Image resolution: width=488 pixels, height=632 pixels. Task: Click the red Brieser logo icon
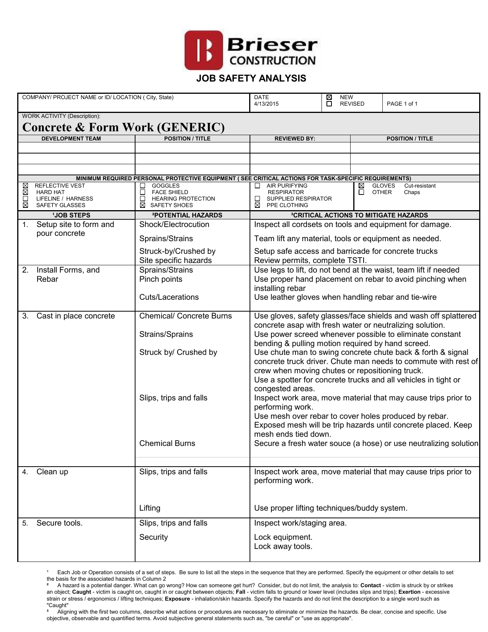coord(203,50)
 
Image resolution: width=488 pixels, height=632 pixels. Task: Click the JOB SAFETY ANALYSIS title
coord(251,78)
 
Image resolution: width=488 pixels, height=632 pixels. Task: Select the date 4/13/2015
coord(266,104)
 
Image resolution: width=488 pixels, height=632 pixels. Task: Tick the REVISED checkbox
coord(329,104)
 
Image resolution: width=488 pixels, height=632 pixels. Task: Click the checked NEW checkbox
coord(329,97)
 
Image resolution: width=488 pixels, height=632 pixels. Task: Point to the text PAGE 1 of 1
coord(402,104)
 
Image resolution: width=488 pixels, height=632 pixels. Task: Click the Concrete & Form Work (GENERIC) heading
coord(123,127)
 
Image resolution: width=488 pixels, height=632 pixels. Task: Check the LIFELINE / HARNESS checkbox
coord(25,199)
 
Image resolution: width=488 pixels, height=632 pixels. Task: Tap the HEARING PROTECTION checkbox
coord(142,199)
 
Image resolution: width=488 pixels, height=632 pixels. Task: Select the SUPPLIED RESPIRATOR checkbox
coord(258,199)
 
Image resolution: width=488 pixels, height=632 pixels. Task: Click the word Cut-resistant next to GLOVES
coord(420,186)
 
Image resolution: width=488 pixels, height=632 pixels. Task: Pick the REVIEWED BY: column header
coord(295,139)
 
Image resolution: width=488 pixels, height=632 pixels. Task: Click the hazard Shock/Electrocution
coord(174,224)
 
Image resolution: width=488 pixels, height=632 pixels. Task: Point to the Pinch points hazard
coord(161,279)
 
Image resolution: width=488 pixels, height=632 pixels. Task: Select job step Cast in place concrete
coord(75,316)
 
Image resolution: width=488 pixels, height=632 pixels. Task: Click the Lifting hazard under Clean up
coord(150,508)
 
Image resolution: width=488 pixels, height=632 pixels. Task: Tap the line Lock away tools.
coord(283,546)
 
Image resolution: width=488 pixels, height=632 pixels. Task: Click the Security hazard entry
coord(153,537)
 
